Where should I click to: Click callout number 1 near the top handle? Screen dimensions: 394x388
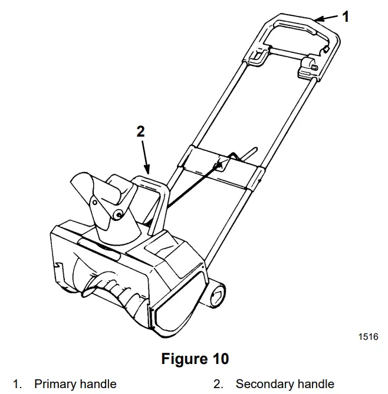346,17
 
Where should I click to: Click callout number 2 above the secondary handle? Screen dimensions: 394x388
140,131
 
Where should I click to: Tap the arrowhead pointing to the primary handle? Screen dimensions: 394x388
318,19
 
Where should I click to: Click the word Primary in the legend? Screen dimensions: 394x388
54,384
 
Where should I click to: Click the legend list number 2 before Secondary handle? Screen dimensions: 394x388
218,384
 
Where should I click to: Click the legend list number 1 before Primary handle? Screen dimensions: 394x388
17,384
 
